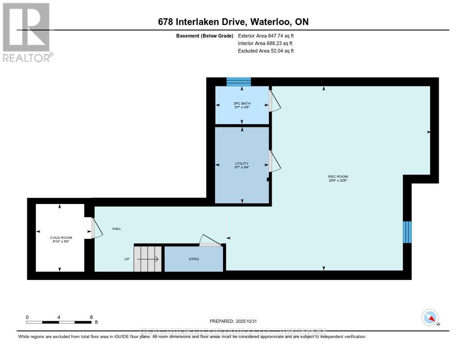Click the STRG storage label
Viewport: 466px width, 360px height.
[194, 259]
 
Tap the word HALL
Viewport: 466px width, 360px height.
[116, 228]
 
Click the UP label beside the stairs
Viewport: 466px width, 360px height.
[127, 259]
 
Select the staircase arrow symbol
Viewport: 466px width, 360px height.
[147, 259]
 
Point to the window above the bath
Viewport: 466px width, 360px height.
[238, 82]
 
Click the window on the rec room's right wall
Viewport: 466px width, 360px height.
[407, 232]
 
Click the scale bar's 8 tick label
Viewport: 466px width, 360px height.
[91, 317]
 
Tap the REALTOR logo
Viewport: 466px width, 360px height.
[26, 32]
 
